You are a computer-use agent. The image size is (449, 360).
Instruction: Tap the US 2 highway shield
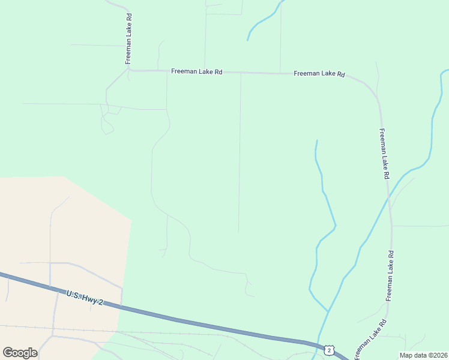tap(328, 349)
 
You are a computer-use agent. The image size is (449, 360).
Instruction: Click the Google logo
tap(20, 352)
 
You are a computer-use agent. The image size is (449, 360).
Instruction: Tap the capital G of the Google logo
tap(8, 352)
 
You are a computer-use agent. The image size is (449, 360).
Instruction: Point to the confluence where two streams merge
tap(328, 311)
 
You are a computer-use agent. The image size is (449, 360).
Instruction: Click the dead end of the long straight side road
tap(239, 232)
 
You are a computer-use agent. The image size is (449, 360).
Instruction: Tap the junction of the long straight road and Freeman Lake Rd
tap(241, 73)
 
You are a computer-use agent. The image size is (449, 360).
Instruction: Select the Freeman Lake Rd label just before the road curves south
tap(319, 74)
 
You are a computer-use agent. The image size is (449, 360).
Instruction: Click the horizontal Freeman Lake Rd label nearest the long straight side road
tap(197, 71)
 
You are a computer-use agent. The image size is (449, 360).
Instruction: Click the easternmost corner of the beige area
tap(131, 220)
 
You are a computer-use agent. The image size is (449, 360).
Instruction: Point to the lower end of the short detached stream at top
tap(247, 40)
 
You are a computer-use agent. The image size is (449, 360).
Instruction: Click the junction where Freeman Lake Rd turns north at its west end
tap(129, 69)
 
